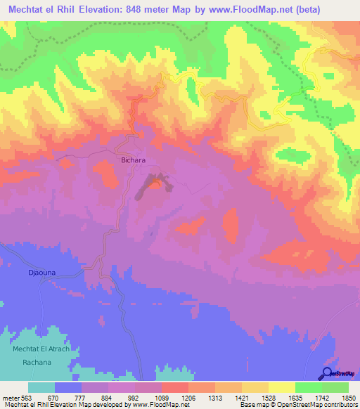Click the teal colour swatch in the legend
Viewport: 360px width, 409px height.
coord(41,387)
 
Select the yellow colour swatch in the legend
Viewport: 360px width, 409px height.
coord(281,387)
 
